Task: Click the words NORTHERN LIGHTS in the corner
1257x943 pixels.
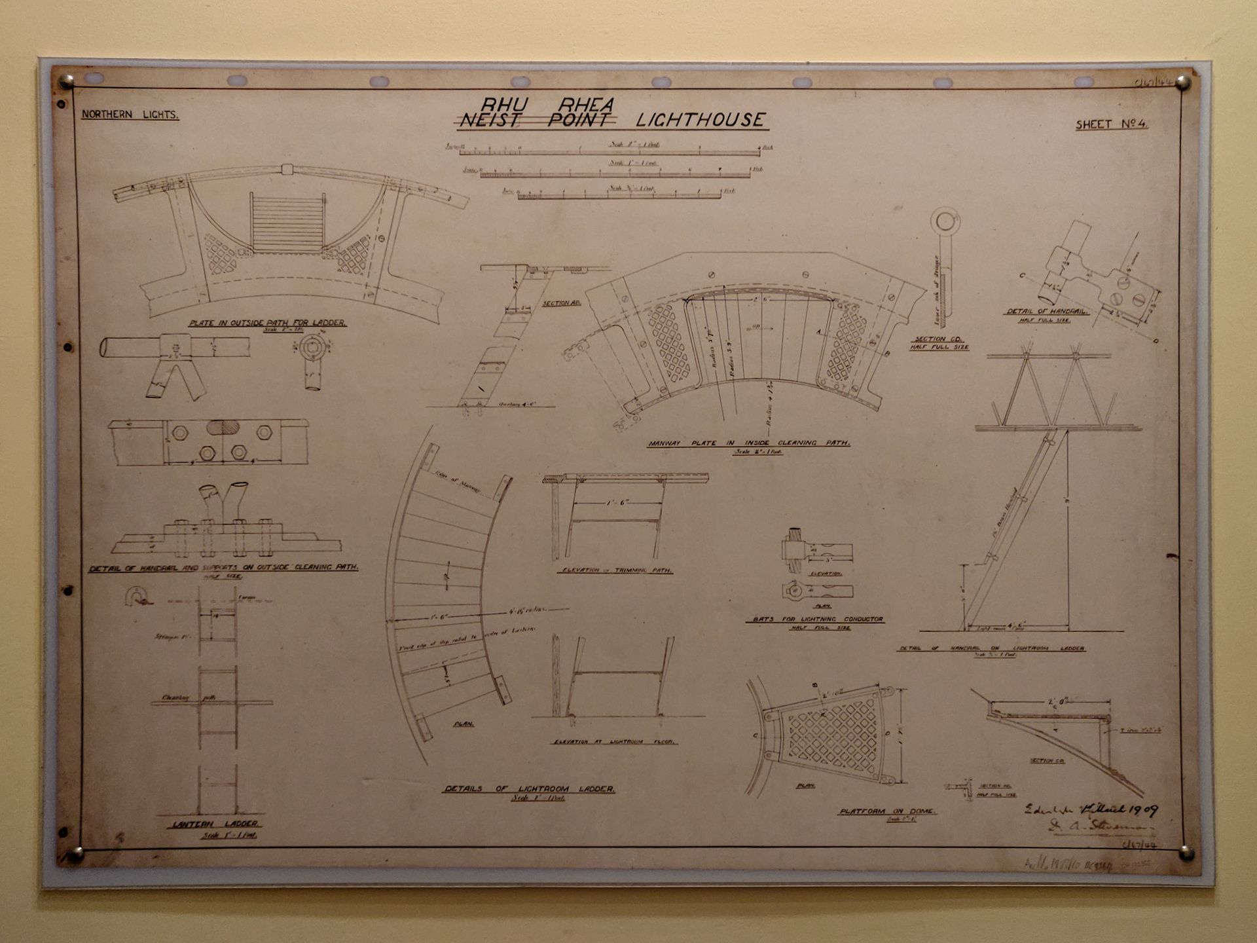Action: [130, 115]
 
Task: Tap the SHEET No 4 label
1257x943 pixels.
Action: [1111, 124]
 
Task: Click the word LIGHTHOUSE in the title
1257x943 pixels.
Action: [700, 120]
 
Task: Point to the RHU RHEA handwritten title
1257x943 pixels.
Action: [547, 104]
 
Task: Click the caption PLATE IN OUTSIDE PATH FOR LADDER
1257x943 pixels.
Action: [267, 323]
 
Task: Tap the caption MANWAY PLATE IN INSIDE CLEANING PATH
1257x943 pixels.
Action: [749, 443]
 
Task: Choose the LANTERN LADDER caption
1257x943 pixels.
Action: [215, 824]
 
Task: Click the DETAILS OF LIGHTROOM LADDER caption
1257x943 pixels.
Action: [530, 789]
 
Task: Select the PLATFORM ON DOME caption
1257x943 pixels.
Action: [887, 811]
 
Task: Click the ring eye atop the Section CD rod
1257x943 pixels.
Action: [945, 221]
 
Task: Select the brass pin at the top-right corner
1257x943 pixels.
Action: [1182, 83]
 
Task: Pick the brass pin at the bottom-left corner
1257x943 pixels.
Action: [75, 855]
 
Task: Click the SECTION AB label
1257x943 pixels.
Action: [561, 303]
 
